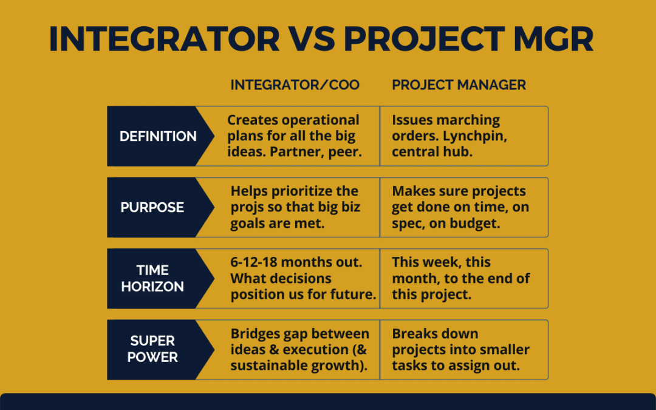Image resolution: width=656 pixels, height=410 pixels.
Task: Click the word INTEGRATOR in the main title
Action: (165, 39)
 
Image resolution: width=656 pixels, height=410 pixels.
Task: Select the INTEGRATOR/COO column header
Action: (295, 85)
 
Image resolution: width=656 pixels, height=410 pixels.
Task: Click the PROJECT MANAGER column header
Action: (459, 85)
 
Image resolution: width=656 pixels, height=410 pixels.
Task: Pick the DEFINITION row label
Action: (158, 137)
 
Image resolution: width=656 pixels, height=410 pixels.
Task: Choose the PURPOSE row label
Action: (152, 208)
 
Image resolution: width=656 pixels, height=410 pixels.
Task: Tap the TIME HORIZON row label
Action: (152, 278)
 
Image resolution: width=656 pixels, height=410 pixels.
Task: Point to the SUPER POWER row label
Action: (152, 349)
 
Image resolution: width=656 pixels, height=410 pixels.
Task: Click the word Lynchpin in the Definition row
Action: (474, 137)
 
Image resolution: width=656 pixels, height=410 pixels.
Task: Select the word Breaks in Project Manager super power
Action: (412, 334)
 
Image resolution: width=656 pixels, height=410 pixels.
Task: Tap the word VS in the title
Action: (312, 39)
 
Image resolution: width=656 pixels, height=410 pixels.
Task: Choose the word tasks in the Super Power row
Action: (410, 366)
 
